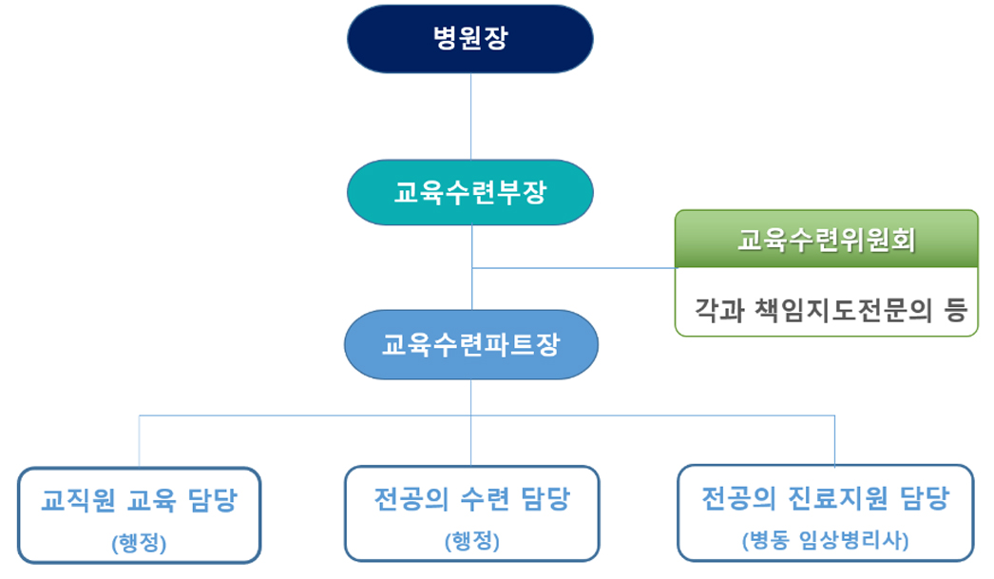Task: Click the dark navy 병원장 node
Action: pyautogui.click(x=469, y=39)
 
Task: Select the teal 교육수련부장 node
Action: pyautogui.click(x=469, y=192)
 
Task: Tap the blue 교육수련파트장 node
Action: pyautogui.click(x=471, y=344)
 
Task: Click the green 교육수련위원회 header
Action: pyautogui.click(x=827, y=239)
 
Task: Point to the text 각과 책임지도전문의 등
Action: pyautogui.click(x=831, y=310)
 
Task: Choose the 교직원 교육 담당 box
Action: pyautogui.click(x=139, y=515)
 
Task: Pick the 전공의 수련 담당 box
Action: pyautogui.click(x=471, y=513)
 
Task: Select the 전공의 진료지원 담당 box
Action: pyautogui.click(x=826, y=513)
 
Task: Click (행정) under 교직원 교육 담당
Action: pyautogui.click(x=139, y=543)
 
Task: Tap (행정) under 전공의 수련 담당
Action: pyautogui.click(x=472, y=541)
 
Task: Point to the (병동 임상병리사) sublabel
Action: pyautogui.click(x=826, y=540)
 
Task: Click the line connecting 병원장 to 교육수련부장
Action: pyautogui.click(x=470, y=117)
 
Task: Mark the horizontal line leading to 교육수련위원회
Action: pyautogui.click(x=574, y=268)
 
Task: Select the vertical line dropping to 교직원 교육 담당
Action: pyautogui.click(x=139, y=441)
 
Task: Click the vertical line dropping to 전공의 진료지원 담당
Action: pyautogui.click(x=835, y=441)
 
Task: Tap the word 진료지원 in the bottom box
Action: pyautogui.click(x=838, y=498)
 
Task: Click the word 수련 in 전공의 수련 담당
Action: pyautogui.click(x=485, y=499)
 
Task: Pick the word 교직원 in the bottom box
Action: pyautogui.click(x=78, y=500)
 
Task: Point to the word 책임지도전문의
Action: pyautogui.click(x=843, y=310)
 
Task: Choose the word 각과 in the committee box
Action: pyautogui.click(x=719, y=310)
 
